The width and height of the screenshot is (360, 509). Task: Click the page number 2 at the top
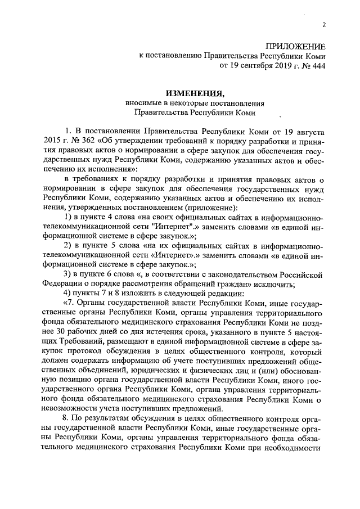tap(325, 24)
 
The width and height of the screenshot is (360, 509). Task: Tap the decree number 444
tap(317, 65)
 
